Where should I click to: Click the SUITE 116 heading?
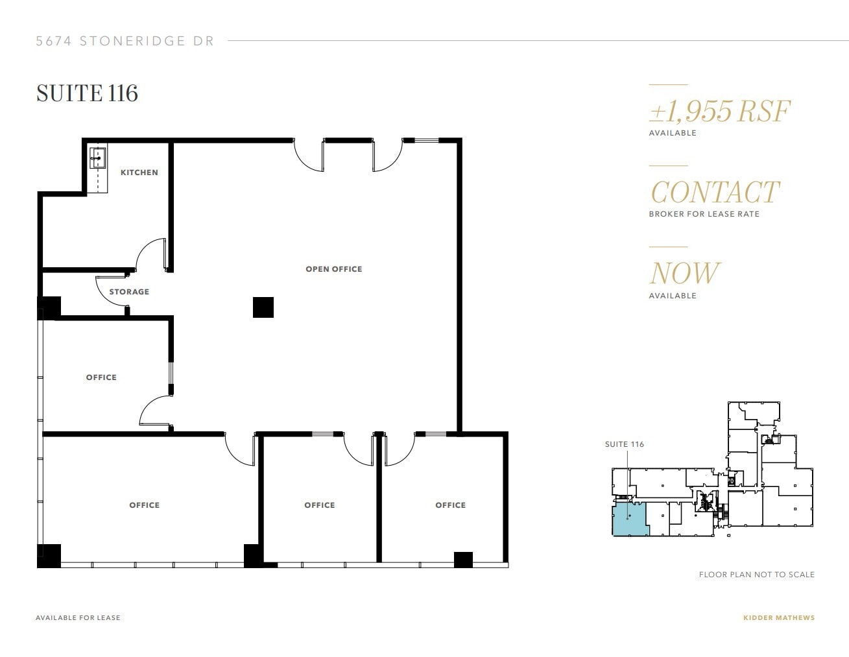coord(87,93)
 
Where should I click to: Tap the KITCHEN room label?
coord(139,173)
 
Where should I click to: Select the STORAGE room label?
coord(129,292)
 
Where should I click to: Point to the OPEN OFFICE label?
coord(333,269)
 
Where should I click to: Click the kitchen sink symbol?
coord(98,157)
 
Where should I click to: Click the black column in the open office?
coord(263,307)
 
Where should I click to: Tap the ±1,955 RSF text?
coord(719,112)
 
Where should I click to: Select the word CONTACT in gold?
coord(714,192)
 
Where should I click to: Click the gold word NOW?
coord(684,273)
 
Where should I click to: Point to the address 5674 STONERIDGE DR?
coord(125,41)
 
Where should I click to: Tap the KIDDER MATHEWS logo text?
coord(778,618)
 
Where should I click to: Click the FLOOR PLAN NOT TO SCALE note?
coord(756,575)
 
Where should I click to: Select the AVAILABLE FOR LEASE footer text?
coord(78,618)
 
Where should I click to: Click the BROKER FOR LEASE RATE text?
coord(704,214)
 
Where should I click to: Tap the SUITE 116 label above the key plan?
coord(624,444)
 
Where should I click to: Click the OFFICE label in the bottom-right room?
coord(450,505)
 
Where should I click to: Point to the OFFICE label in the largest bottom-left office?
coord(144,505)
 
